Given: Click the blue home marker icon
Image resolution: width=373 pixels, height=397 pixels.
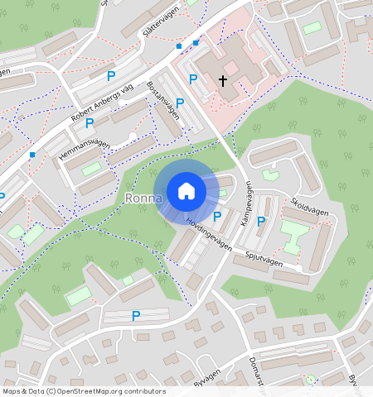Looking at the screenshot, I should (186, 192).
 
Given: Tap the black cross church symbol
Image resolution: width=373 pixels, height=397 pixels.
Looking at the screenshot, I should (222, 80).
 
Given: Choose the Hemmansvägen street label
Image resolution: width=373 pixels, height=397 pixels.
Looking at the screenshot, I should (83, 147).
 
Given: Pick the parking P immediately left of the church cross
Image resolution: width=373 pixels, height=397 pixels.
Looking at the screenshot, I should (193, 79).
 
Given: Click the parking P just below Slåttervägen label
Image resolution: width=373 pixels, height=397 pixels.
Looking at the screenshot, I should (111, 75).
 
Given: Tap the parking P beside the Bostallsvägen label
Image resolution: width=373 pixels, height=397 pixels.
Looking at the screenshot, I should (179, 103).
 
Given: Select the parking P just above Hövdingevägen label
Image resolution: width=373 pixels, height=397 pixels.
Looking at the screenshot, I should (217, 217).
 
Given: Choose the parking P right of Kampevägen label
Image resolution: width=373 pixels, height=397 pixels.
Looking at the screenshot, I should (261, 221).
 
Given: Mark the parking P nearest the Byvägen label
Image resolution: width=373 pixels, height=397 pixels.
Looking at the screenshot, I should (136, 315).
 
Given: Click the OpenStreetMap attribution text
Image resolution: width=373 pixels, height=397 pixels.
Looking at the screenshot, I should (83, 391).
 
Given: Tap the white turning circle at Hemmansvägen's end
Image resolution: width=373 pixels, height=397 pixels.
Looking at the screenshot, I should (133, 136).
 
